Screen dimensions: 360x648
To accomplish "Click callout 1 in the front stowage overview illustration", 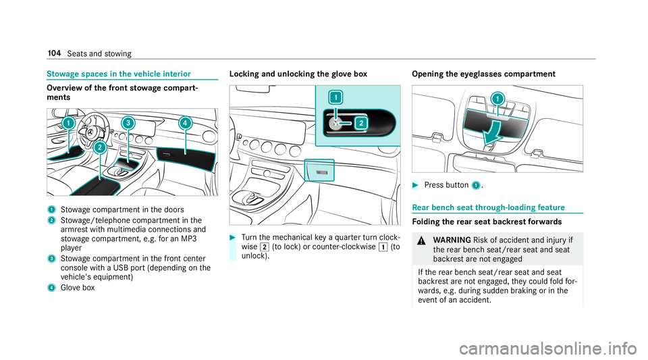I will [x=70, y=124].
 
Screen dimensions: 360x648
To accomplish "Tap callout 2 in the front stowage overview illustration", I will [x=99, y=147].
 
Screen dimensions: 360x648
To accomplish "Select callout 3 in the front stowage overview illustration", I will [x=128, y=123].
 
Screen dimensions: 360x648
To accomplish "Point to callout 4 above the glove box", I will [x=184, y=123].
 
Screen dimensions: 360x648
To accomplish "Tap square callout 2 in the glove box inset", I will [x=360, y=122].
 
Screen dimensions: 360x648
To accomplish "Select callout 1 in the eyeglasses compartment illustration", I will [x=497, y=99].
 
